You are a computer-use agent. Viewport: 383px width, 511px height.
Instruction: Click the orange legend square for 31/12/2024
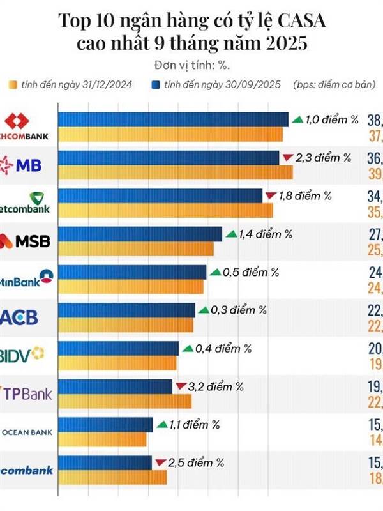tap(12, 84)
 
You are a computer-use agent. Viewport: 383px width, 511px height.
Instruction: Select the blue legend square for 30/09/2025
tap(155, 84)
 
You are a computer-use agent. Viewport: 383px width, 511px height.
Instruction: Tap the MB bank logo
tap(22, 165)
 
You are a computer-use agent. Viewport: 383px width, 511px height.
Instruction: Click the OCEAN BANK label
tap(27, 431)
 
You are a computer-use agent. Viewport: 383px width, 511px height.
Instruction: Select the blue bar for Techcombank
tap(173, 119)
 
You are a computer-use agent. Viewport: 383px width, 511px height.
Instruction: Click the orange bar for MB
tap(175, 172)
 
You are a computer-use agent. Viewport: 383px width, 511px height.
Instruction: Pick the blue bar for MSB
tap(140, 234)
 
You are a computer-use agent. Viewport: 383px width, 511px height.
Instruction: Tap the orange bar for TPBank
tap(124, 401)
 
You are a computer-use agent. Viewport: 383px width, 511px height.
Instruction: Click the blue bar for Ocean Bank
tap(105, 425)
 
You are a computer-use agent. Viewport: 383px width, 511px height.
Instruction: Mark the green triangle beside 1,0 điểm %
tap(297, 119)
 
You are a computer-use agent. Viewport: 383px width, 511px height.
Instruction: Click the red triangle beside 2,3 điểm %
tap(287, 157)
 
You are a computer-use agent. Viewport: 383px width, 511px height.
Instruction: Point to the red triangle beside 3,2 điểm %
tap(181, 386)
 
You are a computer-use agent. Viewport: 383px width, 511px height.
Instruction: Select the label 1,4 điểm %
tap(265, 234)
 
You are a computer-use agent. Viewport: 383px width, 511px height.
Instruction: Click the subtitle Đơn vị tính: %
tap(191, 65)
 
